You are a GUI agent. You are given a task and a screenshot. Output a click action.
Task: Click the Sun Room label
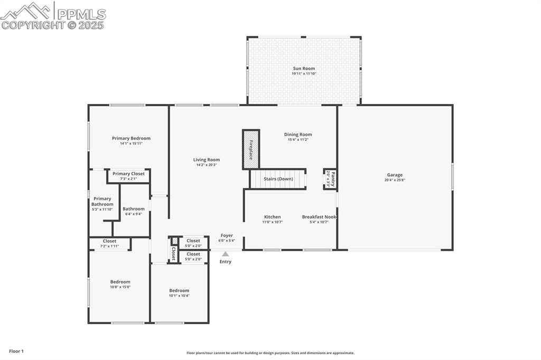coord(304,69)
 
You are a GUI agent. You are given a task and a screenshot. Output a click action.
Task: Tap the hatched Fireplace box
coord(250,149)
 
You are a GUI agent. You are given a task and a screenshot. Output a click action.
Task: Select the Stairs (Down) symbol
coord(278,179)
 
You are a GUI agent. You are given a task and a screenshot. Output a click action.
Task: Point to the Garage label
coord(395,175)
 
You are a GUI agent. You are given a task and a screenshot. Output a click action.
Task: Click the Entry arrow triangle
coord(226,254)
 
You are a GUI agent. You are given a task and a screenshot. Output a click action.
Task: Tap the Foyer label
coord(227,236)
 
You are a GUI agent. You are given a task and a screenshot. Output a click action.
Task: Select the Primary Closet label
coord(128,174)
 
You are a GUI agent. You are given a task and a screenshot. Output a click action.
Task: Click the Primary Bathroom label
coord(102,202)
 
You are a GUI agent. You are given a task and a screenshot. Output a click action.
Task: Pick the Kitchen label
coord(273,217)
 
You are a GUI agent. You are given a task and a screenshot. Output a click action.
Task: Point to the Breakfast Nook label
coord(319,217)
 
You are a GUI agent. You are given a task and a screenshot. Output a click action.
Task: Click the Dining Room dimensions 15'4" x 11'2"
coord(298,140)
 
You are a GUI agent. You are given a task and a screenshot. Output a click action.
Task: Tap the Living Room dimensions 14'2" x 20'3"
coord(206,165)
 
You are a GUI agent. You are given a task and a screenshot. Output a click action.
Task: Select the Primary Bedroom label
coord(131,138)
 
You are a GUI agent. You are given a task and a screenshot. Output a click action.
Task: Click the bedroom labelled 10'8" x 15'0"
coord(120,284)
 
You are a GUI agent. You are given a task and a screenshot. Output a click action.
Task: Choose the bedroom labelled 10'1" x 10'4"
coord(179,293)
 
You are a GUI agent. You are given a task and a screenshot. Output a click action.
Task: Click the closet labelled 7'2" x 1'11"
coord(110,243)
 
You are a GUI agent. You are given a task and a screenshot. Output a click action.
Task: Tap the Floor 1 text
coord(16,351)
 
